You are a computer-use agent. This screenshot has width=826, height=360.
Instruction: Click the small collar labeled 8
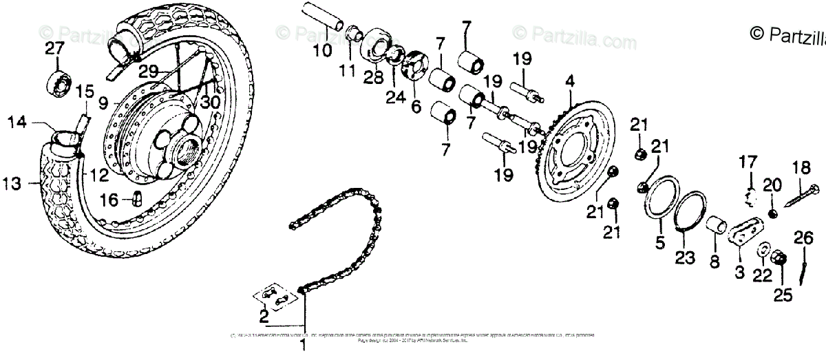[x=717, y=226]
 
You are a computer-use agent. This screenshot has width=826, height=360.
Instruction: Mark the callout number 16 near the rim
[x=109, y=200]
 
